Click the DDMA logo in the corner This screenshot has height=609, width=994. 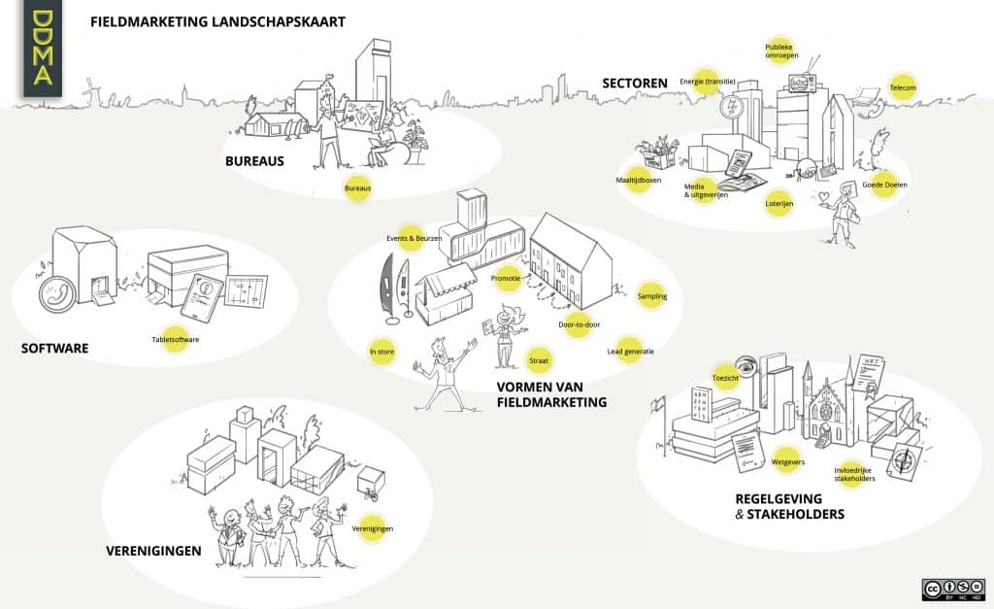coord(43,50)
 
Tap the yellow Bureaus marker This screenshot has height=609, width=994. coord(358,187)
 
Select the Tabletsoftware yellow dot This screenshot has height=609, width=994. coord(175,339)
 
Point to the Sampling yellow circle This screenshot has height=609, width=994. coord(651,296)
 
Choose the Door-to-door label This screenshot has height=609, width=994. coord(580,324)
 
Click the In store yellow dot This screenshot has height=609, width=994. coord(381,352)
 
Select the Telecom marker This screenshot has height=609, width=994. coord(903,88)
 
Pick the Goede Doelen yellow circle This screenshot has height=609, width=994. coord(883,185)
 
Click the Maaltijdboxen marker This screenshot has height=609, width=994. coord(638,181)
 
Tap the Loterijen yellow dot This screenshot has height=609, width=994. coord(779,204)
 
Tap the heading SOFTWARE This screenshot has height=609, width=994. coord(54,347)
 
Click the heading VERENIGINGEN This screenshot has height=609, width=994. coord(153,551)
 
